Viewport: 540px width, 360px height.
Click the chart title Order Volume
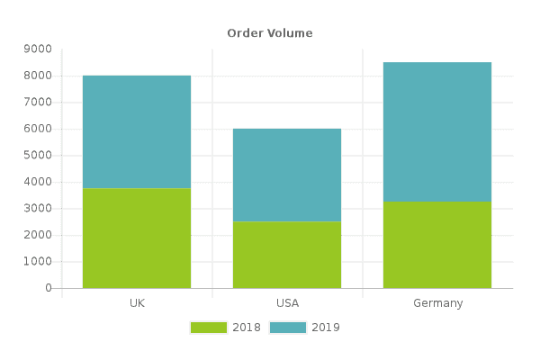[270, 33]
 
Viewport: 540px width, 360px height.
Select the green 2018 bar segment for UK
[137, 238]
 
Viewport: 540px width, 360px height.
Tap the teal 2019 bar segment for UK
[137, 132]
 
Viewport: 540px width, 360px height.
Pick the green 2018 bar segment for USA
[287, 255]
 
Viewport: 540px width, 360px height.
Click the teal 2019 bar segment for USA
[287, 175]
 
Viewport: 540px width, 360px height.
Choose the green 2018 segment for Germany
[437, 245]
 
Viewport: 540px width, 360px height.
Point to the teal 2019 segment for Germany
[437, 132]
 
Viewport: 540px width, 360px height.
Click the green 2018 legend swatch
[209, 328]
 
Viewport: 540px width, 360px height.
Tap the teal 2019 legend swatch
[288, 328]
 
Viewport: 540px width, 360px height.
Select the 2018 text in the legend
[247, 328]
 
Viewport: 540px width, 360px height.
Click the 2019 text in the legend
[326, 328]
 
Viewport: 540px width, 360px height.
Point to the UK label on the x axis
[137, 303]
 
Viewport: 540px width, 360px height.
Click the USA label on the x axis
[288, 303]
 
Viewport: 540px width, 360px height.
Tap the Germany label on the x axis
[438, 303]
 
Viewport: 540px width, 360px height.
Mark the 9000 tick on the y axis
[38, 49]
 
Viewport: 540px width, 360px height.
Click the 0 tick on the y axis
[49, 288]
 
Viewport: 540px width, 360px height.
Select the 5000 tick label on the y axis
[38, 155]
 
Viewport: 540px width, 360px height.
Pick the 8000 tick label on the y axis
[38, 76]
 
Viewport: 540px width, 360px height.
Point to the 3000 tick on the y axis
[38, 208]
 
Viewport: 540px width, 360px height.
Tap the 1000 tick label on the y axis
[38, 261]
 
